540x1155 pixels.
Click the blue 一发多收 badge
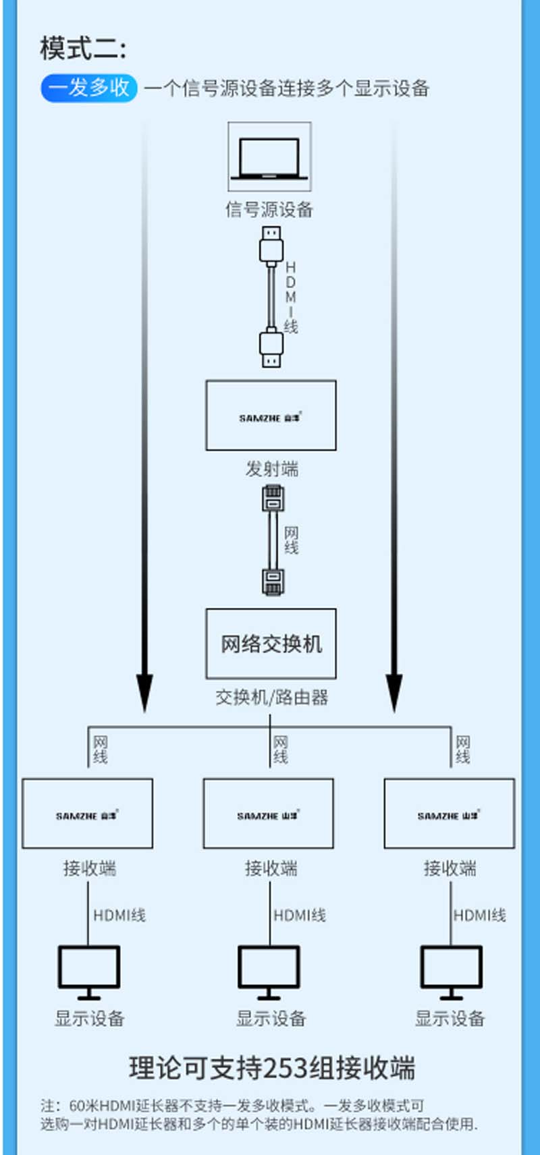(89, 88)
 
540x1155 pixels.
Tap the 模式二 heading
(82, 49)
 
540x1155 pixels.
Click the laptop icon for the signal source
(269, 158)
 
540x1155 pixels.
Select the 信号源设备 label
(269, 209)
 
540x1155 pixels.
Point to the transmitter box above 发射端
(271, 415)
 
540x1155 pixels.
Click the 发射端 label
(271, 469)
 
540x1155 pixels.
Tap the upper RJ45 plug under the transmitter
(273, 499)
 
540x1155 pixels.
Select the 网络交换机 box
(271, 644)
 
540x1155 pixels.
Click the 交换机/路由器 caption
(271, 697)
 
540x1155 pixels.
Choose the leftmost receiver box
(87, 814)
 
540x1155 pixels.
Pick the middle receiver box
(268, 814)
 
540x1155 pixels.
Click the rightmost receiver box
(449, 814)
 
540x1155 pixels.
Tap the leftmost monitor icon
(88, 970)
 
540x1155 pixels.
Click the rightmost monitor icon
(451, 970)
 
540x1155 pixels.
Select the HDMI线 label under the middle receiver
(300, 915)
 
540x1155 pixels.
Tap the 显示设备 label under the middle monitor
(271, 1019)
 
